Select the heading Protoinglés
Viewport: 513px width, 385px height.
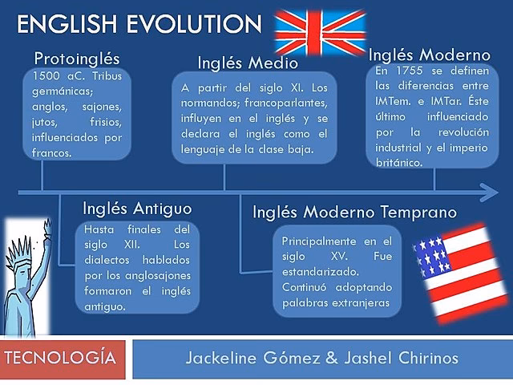pyautogui.click(x=77, y=59)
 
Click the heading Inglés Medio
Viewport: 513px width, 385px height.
pyautogui.click(x=248, y=63)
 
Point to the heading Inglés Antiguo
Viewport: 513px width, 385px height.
pyautogui.click(x=137, y=209)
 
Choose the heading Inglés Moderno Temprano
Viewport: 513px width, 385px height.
pyautogui.click(x=355, y=213)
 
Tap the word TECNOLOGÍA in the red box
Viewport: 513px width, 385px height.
pyautogui.click(x=65, y=357)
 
